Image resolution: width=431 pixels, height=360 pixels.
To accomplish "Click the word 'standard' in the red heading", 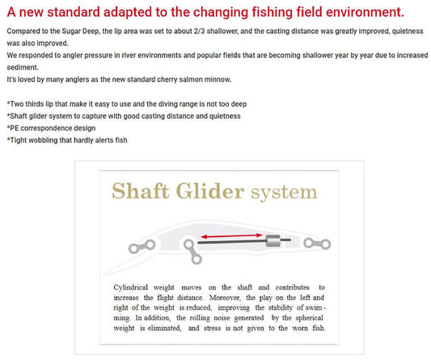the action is [x=74, y=12].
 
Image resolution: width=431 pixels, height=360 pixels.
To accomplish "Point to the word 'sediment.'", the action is [x=23, y=67].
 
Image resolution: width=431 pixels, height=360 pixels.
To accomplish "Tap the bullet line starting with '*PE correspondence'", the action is [x=51, y=128].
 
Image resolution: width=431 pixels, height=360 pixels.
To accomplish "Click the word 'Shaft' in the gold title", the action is [x=141, y=191].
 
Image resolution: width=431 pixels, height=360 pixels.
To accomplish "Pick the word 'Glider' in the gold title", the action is [x=210, y=191].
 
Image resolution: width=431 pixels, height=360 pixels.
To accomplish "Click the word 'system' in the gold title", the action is [x=284, y=193].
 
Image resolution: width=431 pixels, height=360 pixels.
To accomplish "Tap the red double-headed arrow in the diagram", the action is [x=231, y=235].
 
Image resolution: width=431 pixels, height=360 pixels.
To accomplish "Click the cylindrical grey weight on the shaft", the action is [x=273, y=240].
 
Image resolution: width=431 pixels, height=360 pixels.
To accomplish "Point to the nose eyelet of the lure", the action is [x=142, y=246].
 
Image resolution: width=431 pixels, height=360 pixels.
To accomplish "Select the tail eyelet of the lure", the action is [x=317, y=244].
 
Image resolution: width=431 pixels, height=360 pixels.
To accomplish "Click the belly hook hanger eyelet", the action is [x=192, y=252].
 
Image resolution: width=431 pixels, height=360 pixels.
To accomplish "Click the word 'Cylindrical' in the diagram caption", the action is [x=130, y=288].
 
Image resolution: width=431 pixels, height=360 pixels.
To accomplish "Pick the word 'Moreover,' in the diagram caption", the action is [x=225, y=298].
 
